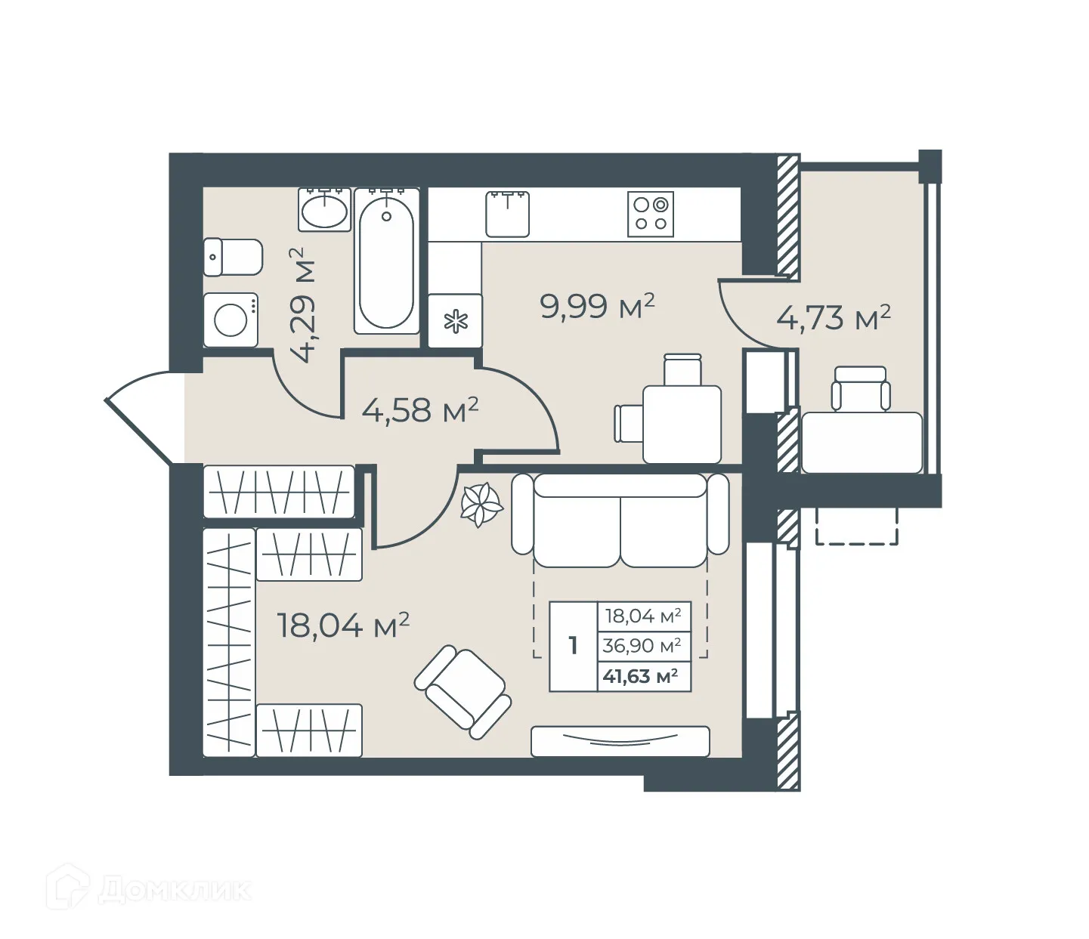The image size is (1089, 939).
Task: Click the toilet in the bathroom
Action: pos(233,257)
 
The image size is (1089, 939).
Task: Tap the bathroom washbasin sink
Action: pos(325,210)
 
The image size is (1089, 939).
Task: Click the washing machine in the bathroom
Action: pos(231,320)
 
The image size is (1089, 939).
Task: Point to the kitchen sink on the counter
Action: pos(507,214)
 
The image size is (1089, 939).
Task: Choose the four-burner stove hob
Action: pos(651,214)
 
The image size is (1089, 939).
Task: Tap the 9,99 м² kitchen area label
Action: pos(597,307)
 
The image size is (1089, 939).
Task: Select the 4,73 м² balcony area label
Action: pos(834,318)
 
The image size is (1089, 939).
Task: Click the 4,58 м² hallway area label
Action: pos(420,410)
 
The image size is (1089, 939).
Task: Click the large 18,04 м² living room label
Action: pos(343,625)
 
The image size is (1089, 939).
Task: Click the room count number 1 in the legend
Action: pos(573,646)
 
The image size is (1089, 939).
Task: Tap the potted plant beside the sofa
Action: pos(481,504)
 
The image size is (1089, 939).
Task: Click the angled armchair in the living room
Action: pos(463,691)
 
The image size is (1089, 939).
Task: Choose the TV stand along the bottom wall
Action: pos(620,741)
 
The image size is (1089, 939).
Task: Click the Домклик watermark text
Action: pos(174,890)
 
